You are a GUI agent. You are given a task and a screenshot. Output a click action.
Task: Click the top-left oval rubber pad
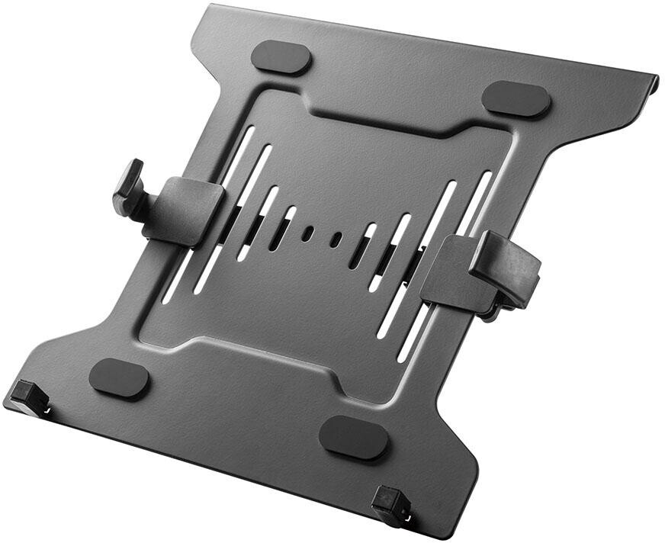pyautogui.click(x=281, y=57)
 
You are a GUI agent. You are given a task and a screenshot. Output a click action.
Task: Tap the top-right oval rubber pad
pyautogui.click(x=516, y=99)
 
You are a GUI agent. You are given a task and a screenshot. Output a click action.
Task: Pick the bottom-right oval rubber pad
pyautogui.click(x=353, y=438)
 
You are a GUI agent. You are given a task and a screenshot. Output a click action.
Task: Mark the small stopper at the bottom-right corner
pyautogui.click(x=391, y=504)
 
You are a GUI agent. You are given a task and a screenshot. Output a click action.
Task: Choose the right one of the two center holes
pyautogui.click(x=336, y=239)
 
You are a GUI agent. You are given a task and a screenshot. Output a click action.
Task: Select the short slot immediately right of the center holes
pyautogui.click(x=363, y=246)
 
